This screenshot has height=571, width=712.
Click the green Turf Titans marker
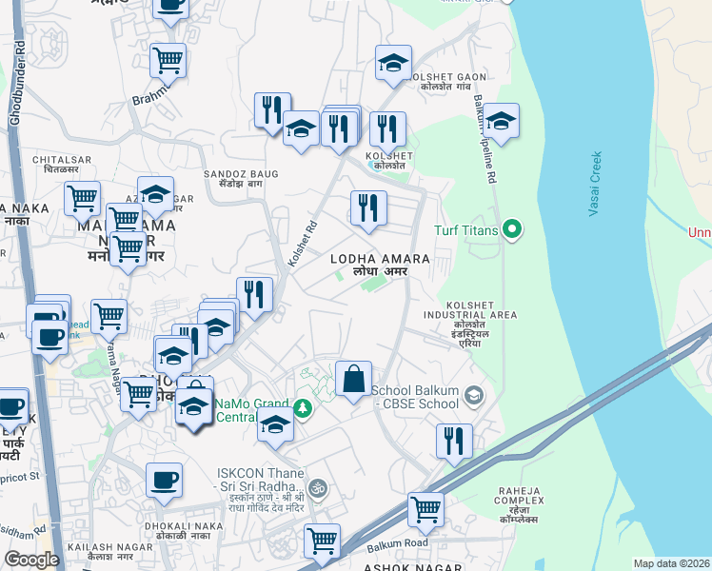pyautogui.click(x=512, y=228)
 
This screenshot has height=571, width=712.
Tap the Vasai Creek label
pyautogui.click(x=595, y=185)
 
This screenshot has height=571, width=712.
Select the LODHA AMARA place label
pyautogui.click(x=380, y=259)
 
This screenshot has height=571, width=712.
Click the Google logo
pyautogui.click(x=31, y=559)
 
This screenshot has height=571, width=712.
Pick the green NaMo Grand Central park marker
pyautogui.click(x=303, y=407)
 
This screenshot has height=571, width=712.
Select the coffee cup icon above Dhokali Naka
pyautogui.click(x=164, y=480)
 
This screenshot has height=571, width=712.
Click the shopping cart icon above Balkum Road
pyautogui.click(x=425, y=509)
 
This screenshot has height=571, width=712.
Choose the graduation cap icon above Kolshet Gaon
pyautogui.click(x=392, y=63)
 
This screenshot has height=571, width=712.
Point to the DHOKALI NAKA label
pyautogui.click(x=184, y=527)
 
